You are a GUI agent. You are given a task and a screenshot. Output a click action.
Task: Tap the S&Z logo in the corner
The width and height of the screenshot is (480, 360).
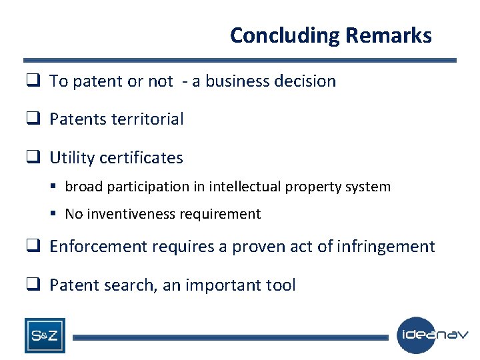pyautogui.click(x=45, y=335)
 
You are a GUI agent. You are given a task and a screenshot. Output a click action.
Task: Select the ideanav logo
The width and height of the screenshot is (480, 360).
pyautogui.click(x=433, y=335)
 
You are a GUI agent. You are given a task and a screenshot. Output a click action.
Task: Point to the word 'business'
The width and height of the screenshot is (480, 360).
pyautogui.click(x=237, y=81)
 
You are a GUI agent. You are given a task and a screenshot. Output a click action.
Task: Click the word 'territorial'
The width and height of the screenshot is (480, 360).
pyautogui.click(x=147, y=119)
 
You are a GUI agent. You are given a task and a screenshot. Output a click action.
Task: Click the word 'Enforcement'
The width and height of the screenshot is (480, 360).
pyautogui.click(x=98, y=247)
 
